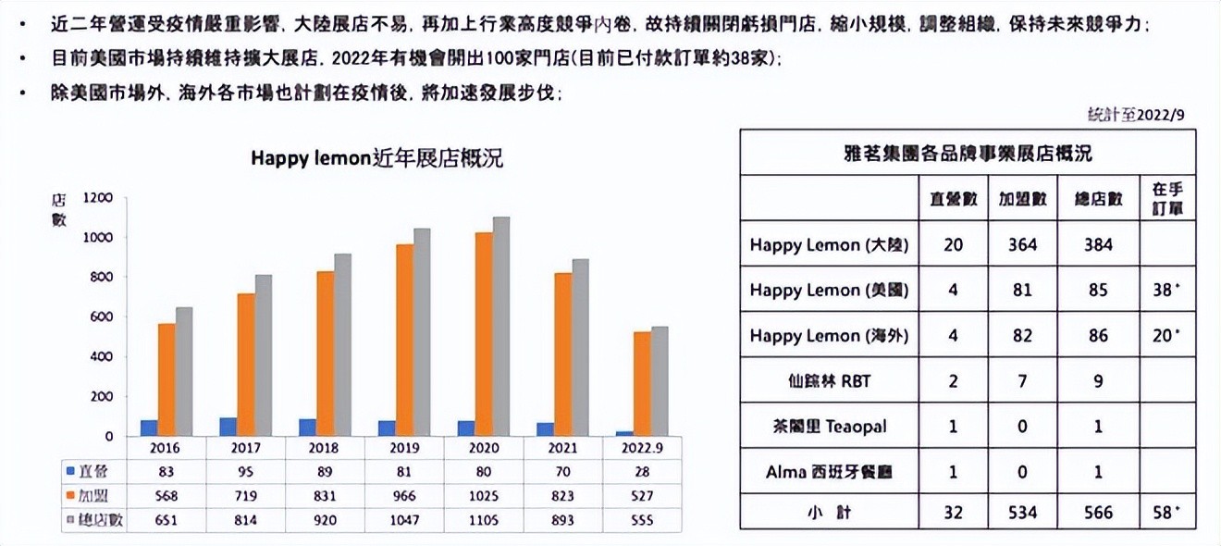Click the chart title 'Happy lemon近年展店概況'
[377, 158]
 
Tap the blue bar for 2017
[228, 427]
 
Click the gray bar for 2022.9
[660, 380]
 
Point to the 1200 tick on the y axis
[97, 197]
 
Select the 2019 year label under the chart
[404, 448]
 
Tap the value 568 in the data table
[167, 495]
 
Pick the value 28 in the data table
[641, 471]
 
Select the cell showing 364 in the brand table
[1023, 245]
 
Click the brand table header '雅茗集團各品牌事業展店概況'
[967, 153]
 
